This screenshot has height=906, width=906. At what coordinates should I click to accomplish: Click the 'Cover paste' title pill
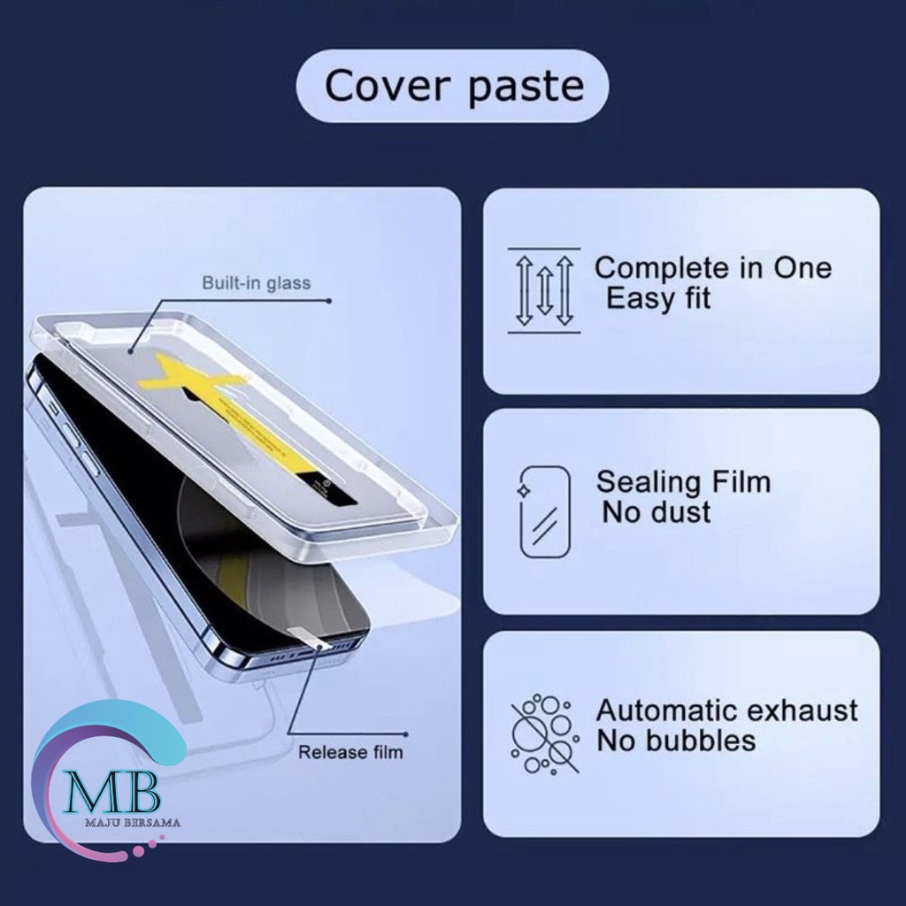coord(452,86)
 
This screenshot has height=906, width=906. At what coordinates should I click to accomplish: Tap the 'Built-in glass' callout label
coord(257,283)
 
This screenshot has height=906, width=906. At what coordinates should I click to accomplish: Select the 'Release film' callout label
coord(350,753)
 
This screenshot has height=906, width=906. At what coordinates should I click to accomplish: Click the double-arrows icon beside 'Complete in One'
coord(544,291)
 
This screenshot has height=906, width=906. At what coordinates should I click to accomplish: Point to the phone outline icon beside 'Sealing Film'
coord(544,511)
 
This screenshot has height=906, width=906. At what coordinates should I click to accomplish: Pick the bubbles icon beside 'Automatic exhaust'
coord(544,733)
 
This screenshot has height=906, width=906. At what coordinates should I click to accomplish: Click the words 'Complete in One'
coord(713,268)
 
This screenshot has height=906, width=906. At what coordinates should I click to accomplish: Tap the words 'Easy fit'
coord(658,299)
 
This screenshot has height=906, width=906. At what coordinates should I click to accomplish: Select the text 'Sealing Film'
coord(683,482)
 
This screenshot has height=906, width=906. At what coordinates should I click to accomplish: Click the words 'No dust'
coord(656,512)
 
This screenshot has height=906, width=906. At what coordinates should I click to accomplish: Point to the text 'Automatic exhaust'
coord(727,710)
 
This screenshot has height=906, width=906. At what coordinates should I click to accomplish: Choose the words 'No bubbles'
coord(676,740)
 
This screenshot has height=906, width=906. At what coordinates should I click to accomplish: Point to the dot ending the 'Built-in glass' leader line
coord(329,301)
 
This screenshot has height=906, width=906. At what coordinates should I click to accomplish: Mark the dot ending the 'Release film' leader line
coord(404,733)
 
